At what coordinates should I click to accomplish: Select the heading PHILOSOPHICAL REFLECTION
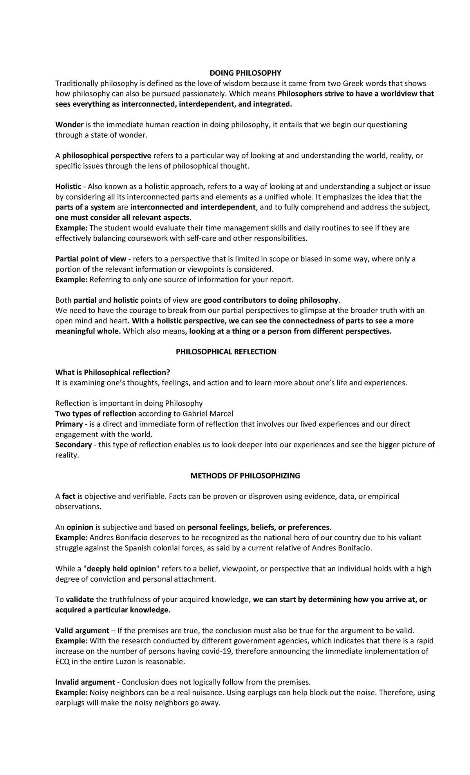(x=226, y=352)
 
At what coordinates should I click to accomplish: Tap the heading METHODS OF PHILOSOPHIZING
(x=245, y=476)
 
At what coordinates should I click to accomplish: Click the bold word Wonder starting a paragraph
(x=69, y=125)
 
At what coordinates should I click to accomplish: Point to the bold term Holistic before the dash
(x=68, y=187)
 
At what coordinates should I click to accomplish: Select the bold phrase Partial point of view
(x=90, y=259)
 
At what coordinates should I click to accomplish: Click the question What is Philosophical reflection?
(x=113, y=372)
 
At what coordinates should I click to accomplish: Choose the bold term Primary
(x=69, y=424)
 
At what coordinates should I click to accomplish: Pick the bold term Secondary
(x=73, y=445)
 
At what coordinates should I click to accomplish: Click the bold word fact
(x=69, y=497)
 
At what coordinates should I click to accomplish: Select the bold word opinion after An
(x=80, y=528)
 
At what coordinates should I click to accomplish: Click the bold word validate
(x=80, y=600)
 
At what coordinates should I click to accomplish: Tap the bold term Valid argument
(x=82, y=631)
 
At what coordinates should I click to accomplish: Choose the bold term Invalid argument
(x=85, y=682)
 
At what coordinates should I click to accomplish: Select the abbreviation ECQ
(x=62, y=662)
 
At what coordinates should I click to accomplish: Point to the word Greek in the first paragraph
(x=354, y=83)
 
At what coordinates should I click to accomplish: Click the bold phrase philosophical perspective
(x=107, y=156)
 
